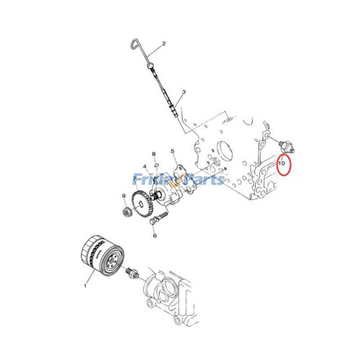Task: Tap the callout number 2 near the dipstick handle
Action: [164, 44]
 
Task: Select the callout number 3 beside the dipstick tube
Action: [184, 92]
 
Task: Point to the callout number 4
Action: [145, 166]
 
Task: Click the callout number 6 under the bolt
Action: [154, 235]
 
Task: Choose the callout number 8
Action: [154, 154]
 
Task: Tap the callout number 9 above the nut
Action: [123, 195]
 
